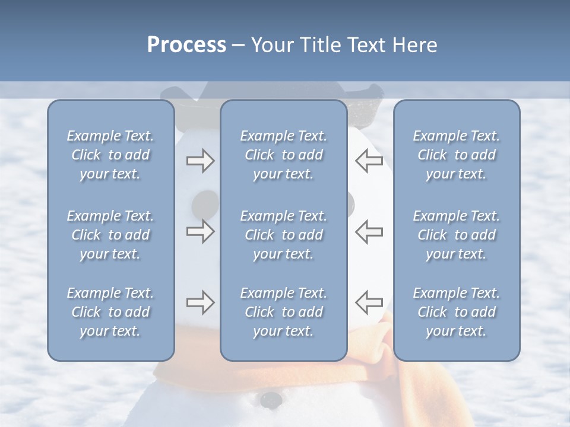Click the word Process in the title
186,45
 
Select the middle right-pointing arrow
200,231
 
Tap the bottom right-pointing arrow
200,302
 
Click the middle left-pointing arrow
369,231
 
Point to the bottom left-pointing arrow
369,302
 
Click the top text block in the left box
110,155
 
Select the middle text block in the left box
110,235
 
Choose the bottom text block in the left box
110,312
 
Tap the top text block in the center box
283,155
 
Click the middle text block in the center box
283,235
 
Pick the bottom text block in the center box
283,312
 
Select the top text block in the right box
456,155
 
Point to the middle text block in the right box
456,235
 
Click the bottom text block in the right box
456,312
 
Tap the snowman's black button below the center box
271,399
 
